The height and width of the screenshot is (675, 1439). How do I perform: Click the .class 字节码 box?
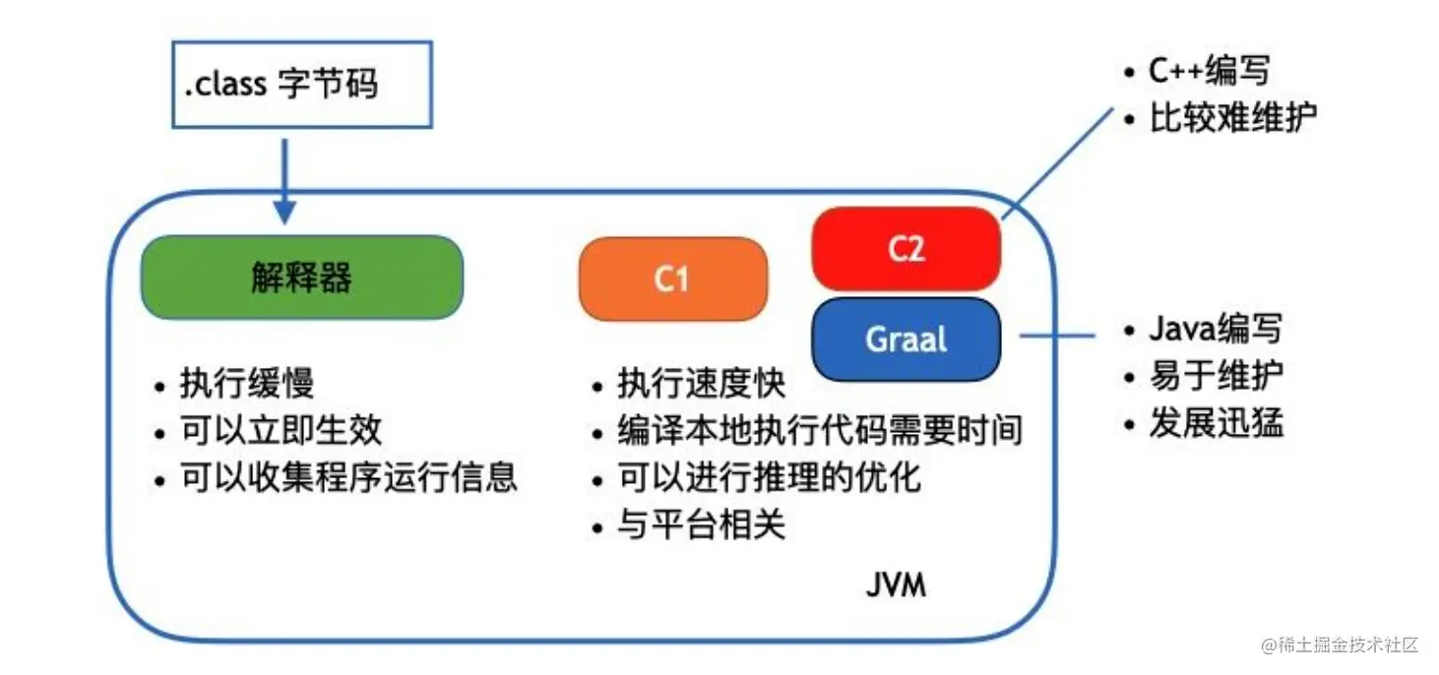pos(302,85)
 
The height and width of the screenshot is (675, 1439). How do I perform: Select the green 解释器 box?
pos(301,277)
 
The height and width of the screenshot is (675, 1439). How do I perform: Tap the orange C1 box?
pos(672,280)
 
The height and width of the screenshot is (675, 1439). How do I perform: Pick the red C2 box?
pos(906,249)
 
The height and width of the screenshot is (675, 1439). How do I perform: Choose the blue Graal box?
pos(906,339)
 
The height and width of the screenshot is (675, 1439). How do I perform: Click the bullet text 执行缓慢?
pos(246,384)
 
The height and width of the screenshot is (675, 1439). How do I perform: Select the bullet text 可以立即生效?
pos(281,430)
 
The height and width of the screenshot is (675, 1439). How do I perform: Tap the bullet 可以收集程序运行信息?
pos(348,477)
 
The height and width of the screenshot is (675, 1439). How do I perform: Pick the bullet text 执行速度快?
pos(701,384)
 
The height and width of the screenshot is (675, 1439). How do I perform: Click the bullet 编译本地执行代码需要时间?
pos(820,430)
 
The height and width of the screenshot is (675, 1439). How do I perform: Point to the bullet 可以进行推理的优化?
pos(769,477)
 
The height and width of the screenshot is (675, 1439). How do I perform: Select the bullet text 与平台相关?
pos(701,525)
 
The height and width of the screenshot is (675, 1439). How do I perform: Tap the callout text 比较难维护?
pos(1232,118)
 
